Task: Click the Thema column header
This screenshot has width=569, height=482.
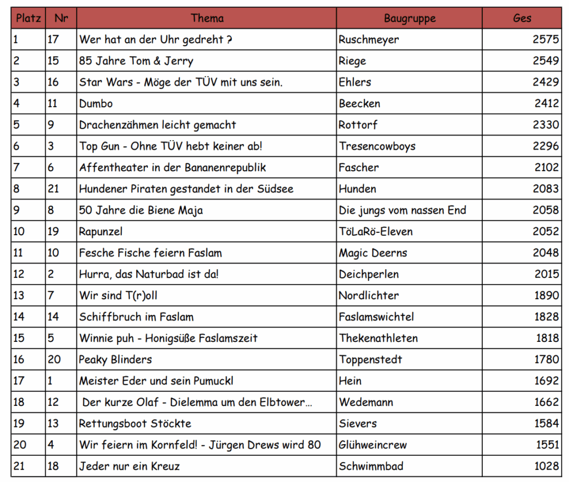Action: click(207, 18)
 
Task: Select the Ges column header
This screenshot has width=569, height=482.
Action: click(522, 18)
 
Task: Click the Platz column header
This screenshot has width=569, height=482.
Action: click(28, 18)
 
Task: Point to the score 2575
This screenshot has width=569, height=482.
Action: click(545, 39)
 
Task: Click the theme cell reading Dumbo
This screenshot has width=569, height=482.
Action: click(96, 103)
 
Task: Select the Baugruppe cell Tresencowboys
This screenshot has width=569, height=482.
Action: click(377, 146)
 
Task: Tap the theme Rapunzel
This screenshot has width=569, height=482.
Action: click(101, 231)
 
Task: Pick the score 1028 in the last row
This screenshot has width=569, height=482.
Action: click(545, 466)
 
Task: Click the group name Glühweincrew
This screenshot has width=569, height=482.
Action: click(372, 445)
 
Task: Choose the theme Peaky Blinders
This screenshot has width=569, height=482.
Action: click(115, 359)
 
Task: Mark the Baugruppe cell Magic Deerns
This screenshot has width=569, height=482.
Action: click(372, 253)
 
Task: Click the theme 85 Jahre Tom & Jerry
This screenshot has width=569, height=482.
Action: click(136, 61)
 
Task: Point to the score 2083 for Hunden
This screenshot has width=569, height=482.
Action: click(545, 189)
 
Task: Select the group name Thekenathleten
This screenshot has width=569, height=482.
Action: click(378, 338)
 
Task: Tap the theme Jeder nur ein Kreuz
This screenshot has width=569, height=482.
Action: click(129, 466)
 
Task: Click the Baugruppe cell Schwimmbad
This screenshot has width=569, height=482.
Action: click(371, 466)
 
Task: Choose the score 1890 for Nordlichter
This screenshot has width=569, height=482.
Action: click(546, 295)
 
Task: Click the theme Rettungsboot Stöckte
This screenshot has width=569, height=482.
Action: click(135, 423)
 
